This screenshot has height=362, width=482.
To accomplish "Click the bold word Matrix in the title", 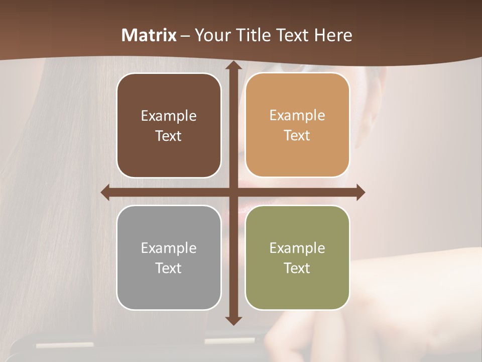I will point(149,35).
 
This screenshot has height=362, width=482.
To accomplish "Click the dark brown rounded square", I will point(169,125).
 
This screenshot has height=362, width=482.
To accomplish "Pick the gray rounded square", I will point(169,257).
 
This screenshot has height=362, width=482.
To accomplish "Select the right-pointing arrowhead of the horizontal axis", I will point(360,192).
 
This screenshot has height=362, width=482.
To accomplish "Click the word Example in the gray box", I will point(169,248).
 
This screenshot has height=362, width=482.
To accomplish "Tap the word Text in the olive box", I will point(297,268).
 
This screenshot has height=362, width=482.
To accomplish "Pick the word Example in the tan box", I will point(297,115).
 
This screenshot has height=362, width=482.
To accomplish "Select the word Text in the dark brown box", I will point(169,136).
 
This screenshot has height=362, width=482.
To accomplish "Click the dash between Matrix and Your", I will point(185,36).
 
